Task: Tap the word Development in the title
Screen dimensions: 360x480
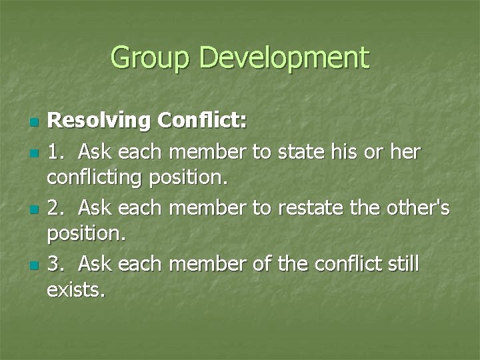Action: tap(283, 58)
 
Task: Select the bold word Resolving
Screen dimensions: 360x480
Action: tap(100, 122)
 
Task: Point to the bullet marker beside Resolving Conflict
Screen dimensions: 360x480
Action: tap(35, 123)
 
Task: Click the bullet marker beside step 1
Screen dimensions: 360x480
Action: tap(35, 153)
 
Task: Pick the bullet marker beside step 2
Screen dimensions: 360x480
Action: tap(35, 209)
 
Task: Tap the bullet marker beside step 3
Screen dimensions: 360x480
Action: tap(35, 265)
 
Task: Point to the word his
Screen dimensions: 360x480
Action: tap(345, 152)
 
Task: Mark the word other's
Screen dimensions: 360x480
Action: tap(418, 208)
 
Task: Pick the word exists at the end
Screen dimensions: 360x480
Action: tap(75, 291)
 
